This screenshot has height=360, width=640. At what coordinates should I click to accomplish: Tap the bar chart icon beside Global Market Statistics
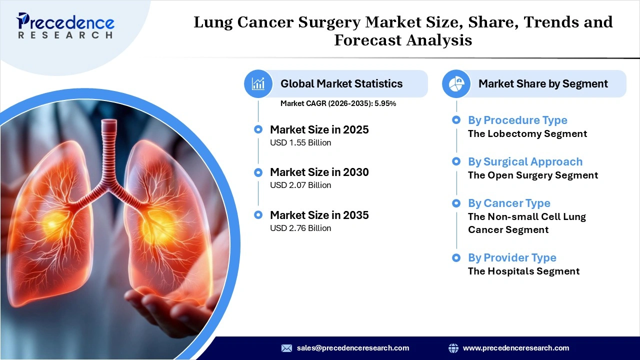coord(258,83)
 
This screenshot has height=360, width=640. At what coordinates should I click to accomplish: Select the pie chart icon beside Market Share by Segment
coord(456,83)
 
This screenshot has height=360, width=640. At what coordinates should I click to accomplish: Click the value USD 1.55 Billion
coord(300,143)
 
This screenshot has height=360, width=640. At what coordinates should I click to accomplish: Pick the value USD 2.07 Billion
coord(300,185)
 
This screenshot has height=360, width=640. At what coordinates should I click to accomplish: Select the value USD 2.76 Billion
coord(300,228)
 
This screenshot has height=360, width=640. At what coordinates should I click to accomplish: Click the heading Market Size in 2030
coord(319,172)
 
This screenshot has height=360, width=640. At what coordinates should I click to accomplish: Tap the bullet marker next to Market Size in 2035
coord(258,215)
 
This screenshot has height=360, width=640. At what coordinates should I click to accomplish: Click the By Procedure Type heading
coord(517,120)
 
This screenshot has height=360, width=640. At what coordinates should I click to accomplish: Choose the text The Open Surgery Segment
coord(533,175)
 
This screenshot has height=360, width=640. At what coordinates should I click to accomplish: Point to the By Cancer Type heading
coord(509,203)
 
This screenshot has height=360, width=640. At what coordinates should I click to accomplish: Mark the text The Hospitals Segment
coord(523,271)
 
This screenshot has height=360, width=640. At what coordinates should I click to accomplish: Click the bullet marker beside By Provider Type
coord(456,258)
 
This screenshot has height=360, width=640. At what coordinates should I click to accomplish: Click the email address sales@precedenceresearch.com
coord(353,348)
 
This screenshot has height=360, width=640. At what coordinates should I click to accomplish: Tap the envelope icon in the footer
coord(286,348)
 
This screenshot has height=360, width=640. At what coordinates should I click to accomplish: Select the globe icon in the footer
coord(453,348)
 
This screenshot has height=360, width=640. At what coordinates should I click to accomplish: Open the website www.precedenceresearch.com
coord(516,348)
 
